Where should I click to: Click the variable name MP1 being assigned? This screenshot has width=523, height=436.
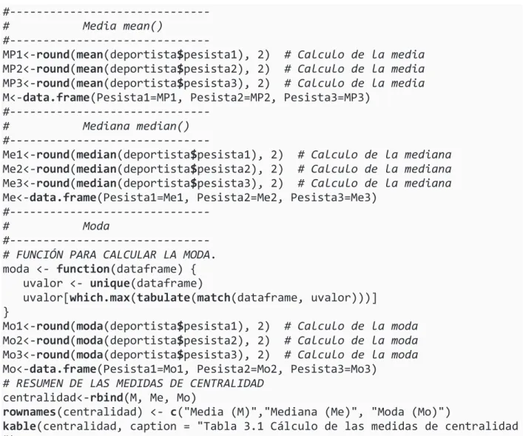click(x=13, y=55)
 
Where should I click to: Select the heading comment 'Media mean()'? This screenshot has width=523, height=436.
click(x=122, y=26)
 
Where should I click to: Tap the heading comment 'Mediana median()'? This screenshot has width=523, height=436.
click(x=136, y=126)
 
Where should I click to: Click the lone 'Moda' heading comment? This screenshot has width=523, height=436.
click(x=96, y=226)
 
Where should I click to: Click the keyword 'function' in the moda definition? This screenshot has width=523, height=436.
click(x=83, y=269)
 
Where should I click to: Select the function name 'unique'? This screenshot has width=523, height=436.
click(x=109, y=284)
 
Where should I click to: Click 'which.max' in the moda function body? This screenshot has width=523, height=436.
click(x=99, y=298)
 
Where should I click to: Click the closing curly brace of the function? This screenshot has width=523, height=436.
click(x=6, y=312)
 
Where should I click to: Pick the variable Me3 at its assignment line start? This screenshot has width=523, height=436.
click(x=13, y=184)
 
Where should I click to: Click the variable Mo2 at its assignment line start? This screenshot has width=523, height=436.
click(x=13, y=341)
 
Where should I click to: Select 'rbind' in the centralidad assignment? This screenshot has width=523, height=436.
click(x=107, y=398)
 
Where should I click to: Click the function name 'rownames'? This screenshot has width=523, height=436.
click(x=30, y=412)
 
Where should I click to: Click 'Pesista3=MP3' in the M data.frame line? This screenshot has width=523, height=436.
click(x=323, y=98)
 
